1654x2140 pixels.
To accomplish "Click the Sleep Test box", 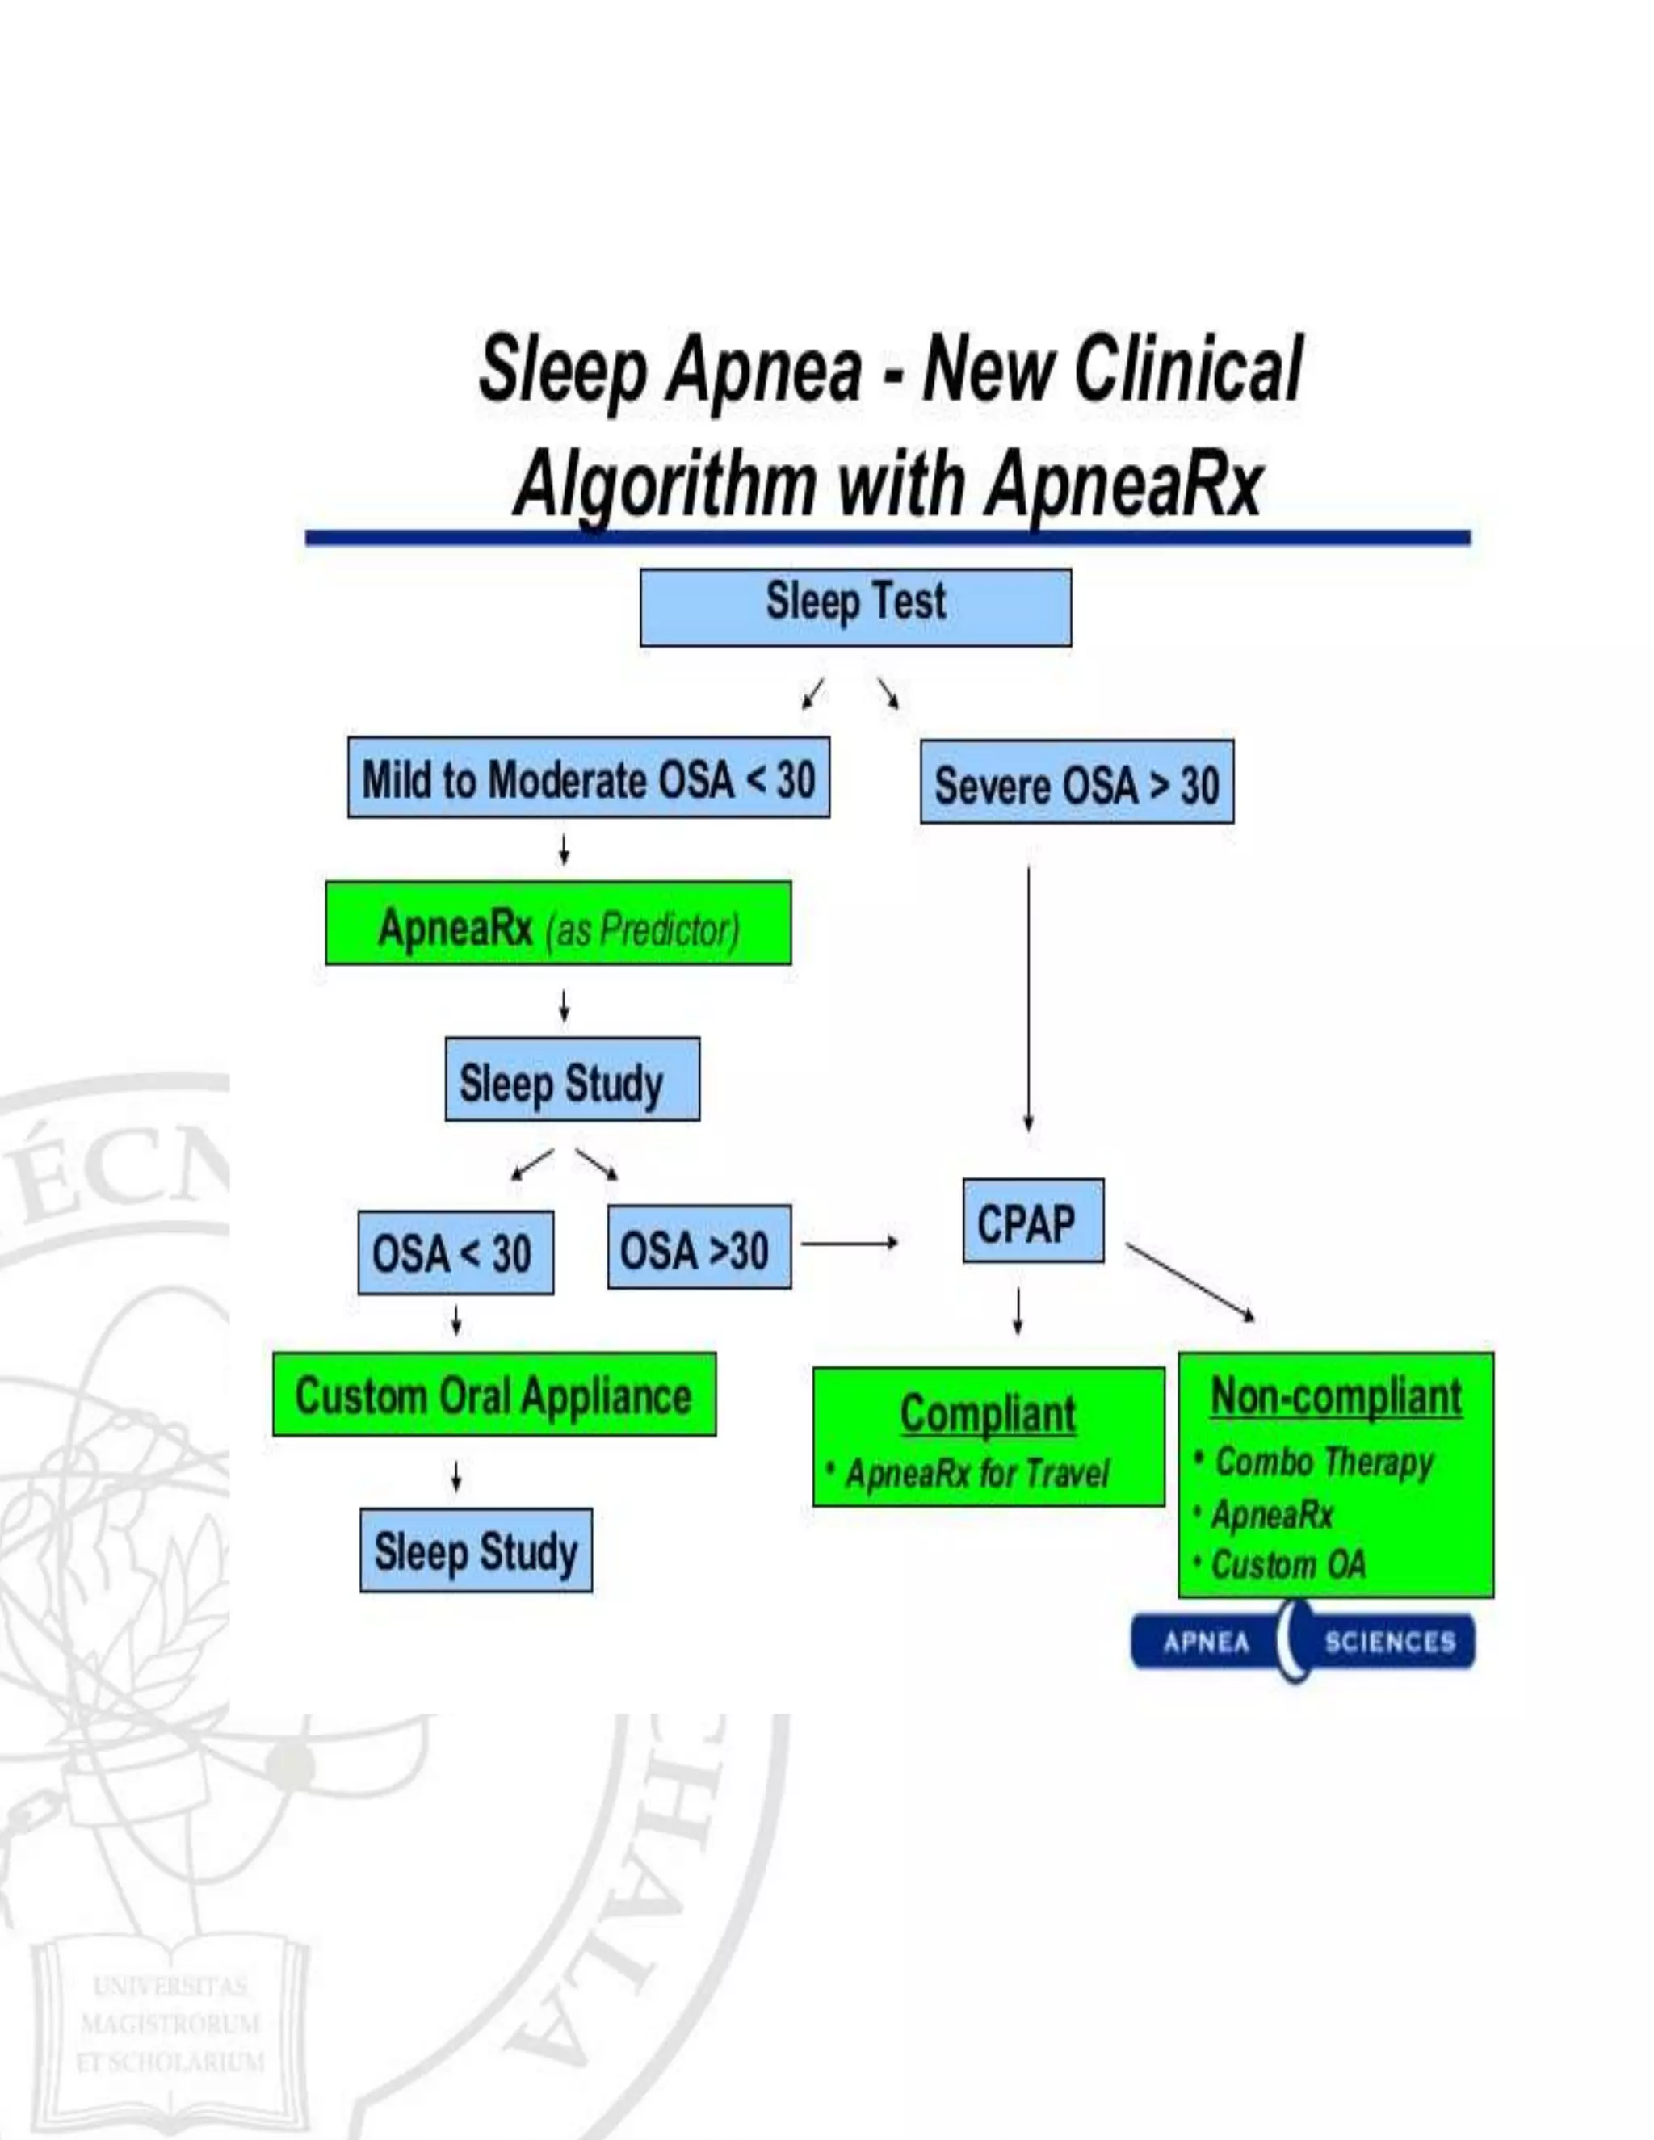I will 855,606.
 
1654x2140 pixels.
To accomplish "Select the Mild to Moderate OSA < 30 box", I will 588,778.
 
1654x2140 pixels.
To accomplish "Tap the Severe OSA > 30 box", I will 1076,782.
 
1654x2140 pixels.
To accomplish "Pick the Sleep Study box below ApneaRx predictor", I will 573,1079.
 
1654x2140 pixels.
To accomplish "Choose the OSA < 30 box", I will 455,1253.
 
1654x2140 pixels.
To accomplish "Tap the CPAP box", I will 1032,1221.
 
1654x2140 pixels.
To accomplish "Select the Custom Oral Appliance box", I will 493,1395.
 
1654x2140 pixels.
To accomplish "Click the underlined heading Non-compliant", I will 1336,1395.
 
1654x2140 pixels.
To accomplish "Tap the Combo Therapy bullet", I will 1324,1461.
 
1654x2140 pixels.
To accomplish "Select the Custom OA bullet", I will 1287,1565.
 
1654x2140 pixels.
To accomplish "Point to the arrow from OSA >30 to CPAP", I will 849,1244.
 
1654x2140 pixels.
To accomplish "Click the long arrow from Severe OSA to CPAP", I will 1028,1000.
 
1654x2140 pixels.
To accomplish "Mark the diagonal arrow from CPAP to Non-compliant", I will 1190,1282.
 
